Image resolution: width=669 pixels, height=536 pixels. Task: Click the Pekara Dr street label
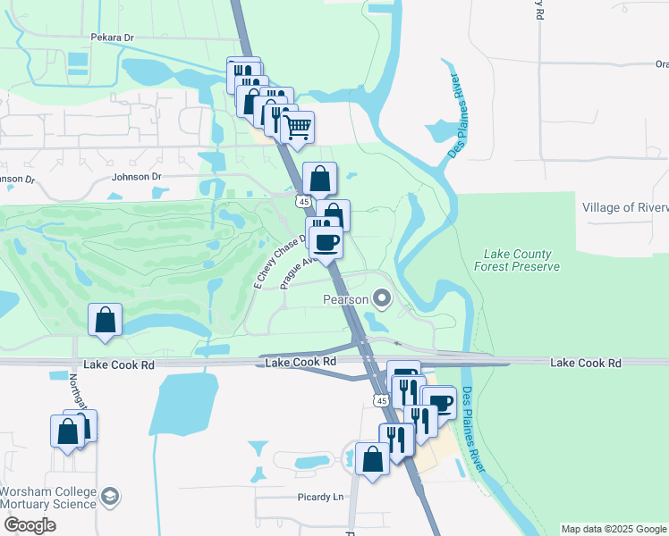point(112,38)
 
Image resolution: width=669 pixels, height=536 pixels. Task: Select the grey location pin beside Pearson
point(382,298)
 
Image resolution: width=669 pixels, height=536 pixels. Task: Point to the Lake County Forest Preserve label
point(521,260)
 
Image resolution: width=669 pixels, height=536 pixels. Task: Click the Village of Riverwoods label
point(624,207)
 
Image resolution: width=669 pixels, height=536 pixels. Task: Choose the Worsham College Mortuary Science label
point(48,498)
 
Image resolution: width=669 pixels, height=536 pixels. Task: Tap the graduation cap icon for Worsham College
point(109,497)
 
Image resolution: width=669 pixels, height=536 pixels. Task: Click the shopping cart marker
point(297,126)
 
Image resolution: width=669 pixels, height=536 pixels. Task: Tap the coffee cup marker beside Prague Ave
point(326,240)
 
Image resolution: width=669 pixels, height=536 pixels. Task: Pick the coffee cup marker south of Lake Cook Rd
point(439,401)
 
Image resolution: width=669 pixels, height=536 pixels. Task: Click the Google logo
point(29,525)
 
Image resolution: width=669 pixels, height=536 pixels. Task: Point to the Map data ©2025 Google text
point(614,529)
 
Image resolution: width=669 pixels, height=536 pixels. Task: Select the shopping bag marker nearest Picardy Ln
point(372,458)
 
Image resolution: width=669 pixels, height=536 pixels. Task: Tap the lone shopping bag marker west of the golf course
point(106,320)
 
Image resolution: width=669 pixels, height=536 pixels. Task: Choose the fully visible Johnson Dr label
point(136,177)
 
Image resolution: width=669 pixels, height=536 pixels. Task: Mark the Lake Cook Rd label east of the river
point(586,363)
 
